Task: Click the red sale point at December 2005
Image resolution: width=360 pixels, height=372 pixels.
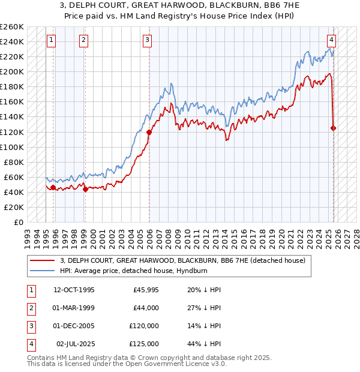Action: coord(148,132)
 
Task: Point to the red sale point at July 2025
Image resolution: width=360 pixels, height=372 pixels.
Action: coord(334,128)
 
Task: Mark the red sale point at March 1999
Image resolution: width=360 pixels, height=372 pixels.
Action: coord(85,189)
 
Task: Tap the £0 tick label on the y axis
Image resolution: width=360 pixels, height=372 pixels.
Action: coord(18,222)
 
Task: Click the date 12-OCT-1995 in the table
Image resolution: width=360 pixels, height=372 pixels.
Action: coord(74,290)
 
